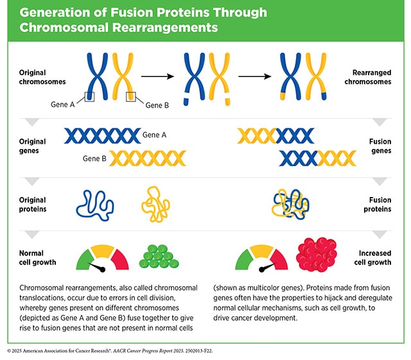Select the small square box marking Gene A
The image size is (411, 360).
click(x=90, y=97)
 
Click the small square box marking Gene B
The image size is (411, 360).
click(x=131, y=97)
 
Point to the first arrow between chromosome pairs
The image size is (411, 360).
click(x=158, y=76)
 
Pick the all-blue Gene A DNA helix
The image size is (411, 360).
click(x=102, y=135)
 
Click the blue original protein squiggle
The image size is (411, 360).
click(x=96, y=204)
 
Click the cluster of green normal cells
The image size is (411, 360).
click(x=159, y=257)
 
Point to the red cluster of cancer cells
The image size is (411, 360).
click(x=317, y=255)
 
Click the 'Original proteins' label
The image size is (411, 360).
click(x=33, y=204)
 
